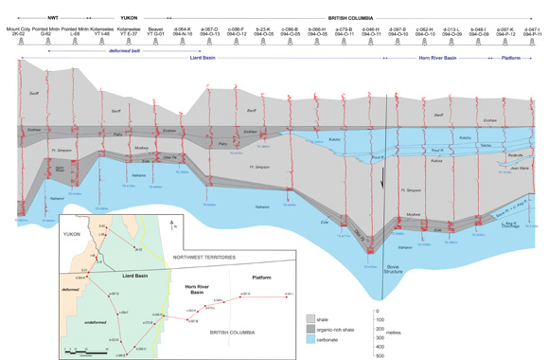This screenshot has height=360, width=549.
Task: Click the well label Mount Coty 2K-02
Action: click(x=20, y=32)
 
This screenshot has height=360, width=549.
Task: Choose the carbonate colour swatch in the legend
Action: click(x=312, y=337)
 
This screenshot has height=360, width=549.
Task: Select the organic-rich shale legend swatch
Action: click(x=312, y=328)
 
